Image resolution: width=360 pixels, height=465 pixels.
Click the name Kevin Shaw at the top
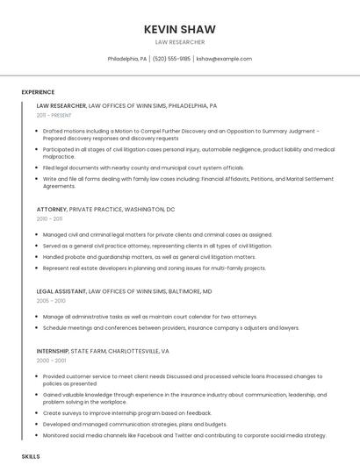[179, 29]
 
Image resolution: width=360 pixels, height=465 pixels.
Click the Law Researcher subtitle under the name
[179, 42]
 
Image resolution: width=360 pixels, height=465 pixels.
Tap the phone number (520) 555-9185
[171, 59]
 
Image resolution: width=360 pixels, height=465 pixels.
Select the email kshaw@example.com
[224, 59]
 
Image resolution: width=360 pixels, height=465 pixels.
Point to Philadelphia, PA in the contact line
[127, 59]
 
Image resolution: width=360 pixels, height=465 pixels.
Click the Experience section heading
[38, 92]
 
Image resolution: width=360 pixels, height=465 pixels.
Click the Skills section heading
[31, 457]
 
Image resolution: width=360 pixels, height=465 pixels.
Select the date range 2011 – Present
[54, 115]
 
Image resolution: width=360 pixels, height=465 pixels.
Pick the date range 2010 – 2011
[49, 218]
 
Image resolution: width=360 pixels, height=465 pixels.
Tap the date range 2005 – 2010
[51, 300]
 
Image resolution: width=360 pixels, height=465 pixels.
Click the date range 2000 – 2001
[51, 361]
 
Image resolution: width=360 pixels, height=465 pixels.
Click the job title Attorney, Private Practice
[105, 209]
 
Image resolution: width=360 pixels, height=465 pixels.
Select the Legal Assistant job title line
[124, 290]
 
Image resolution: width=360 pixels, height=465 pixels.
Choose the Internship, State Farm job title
[103, 351]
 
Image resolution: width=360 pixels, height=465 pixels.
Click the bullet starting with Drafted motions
[176, 134]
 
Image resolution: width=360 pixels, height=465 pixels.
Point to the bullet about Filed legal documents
[143, 168]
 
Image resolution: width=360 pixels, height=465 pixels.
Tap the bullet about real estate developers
[154, 268]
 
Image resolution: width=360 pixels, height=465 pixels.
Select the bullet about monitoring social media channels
[184, 435]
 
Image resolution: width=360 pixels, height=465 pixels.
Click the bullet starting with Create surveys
[127, 412]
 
